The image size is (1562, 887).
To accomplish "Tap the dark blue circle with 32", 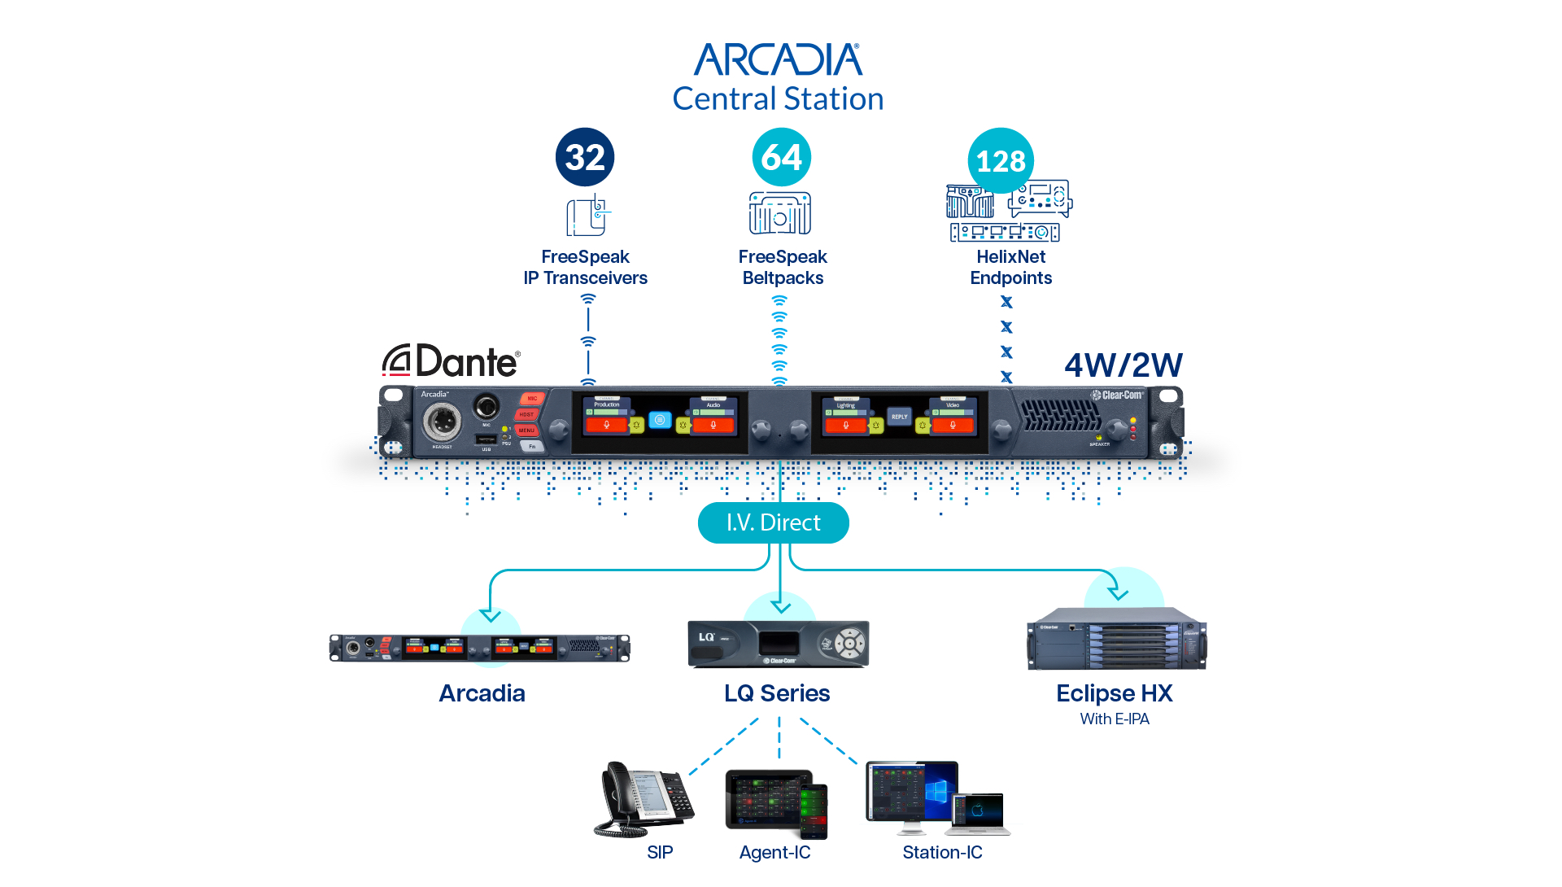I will [585, 157].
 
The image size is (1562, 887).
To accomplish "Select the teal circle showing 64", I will [781, 157].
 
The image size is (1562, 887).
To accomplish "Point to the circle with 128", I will [1001, 160].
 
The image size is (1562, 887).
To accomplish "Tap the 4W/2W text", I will [1124, 365].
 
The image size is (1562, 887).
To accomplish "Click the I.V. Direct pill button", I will [773, 522].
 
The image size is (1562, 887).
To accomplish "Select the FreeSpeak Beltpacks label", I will [783, 267].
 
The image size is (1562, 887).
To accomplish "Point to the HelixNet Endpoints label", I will [1010, 267].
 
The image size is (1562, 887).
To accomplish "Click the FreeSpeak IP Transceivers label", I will [585, 267].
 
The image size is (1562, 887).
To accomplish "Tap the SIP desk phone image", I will [644, 799].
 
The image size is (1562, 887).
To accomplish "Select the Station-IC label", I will [942, 852].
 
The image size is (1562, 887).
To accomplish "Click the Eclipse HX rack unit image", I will [1116, 639].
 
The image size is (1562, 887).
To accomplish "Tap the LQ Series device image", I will [779, 644].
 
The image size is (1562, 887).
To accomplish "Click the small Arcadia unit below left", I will [480, 648].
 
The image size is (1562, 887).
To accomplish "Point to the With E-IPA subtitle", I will [1114, 719].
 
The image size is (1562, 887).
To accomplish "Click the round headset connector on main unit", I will [442, 422].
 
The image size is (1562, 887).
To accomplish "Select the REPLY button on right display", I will [899, 417].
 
